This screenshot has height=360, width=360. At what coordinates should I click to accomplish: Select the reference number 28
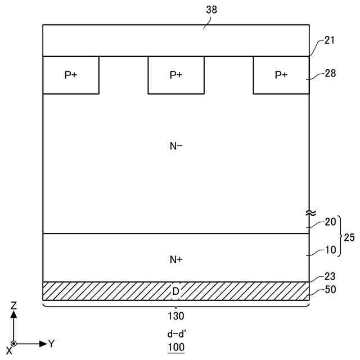[x=331, y=74]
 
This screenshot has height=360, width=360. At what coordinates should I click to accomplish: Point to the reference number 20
[x=331, y=222]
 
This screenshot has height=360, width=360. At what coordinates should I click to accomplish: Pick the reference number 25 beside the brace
[x=349, y=237]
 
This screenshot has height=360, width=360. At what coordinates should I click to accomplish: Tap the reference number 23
[x=331, y=277]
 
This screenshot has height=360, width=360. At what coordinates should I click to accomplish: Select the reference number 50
[x=331, y=291]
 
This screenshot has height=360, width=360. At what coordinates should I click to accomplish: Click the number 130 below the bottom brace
[x=176, y=316]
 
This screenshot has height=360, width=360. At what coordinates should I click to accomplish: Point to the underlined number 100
[x=176, y=347]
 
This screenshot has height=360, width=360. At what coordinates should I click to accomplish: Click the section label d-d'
[x=176, y=333]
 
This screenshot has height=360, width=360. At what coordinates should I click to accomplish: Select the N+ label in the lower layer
[x=176, y=259]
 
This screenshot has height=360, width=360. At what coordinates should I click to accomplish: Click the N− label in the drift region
[x=176, y=146]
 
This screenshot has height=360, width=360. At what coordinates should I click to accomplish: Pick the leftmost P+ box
[x=71, y=75]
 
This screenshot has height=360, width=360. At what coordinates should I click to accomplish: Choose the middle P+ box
[x=176, y=75]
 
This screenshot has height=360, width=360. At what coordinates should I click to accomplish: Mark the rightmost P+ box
[x=281, y=75]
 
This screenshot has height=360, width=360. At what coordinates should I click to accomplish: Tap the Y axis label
[x=51, y=343]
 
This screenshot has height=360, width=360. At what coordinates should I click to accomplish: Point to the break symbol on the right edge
[x=309, y=213]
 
